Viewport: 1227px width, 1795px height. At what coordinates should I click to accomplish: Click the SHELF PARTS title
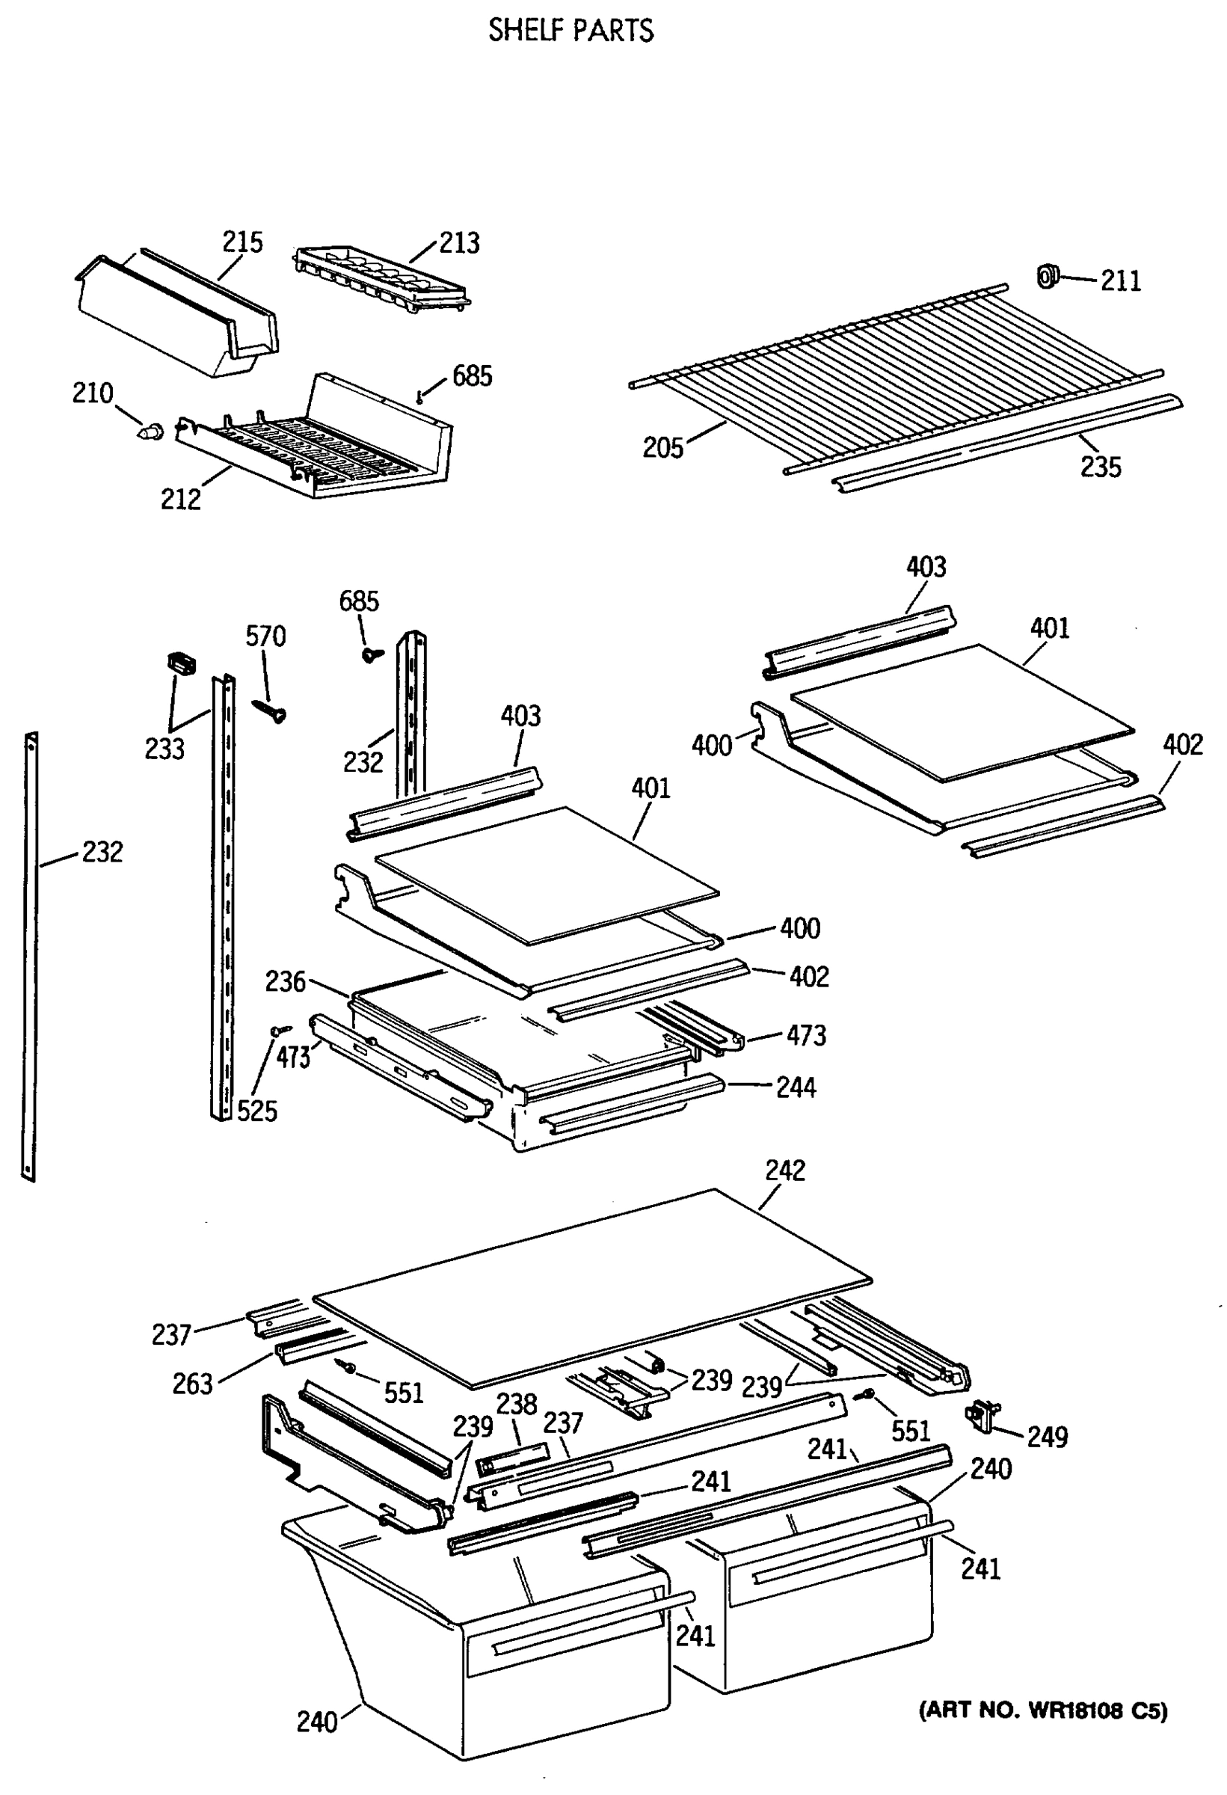[x=571, y=30]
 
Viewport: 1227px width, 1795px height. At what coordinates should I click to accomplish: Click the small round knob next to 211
[x=1047, y=276]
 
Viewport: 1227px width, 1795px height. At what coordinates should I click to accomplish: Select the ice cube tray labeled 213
[x=381, y=279]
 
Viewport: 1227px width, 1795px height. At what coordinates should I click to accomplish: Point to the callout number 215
[x=242, y=242]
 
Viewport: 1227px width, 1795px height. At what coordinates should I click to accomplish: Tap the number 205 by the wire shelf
[x=662, y=447]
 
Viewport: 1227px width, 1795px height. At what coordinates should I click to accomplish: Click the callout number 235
[x=1101, y=467]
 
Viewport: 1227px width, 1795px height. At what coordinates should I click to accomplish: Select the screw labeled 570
[x=269, y=709]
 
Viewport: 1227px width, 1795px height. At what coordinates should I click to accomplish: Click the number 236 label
[x=286, y=982]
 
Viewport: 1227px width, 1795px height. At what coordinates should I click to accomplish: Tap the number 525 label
[x=256, y=1111]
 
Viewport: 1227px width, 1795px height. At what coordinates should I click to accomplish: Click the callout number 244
[x=796, y=1087]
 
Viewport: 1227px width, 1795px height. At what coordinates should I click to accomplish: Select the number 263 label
[x=191, y=1384]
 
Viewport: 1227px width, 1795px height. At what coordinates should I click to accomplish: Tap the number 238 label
[x=516, y=1403]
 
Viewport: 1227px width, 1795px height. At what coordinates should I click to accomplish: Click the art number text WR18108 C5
[x=1042, y=1688]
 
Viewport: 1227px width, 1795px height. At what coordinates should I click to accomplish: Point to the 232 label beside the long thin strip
[x=102, y=853]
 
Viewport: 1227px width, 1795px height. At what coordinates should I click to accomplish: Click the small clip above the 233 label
[x=181, y=662]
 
